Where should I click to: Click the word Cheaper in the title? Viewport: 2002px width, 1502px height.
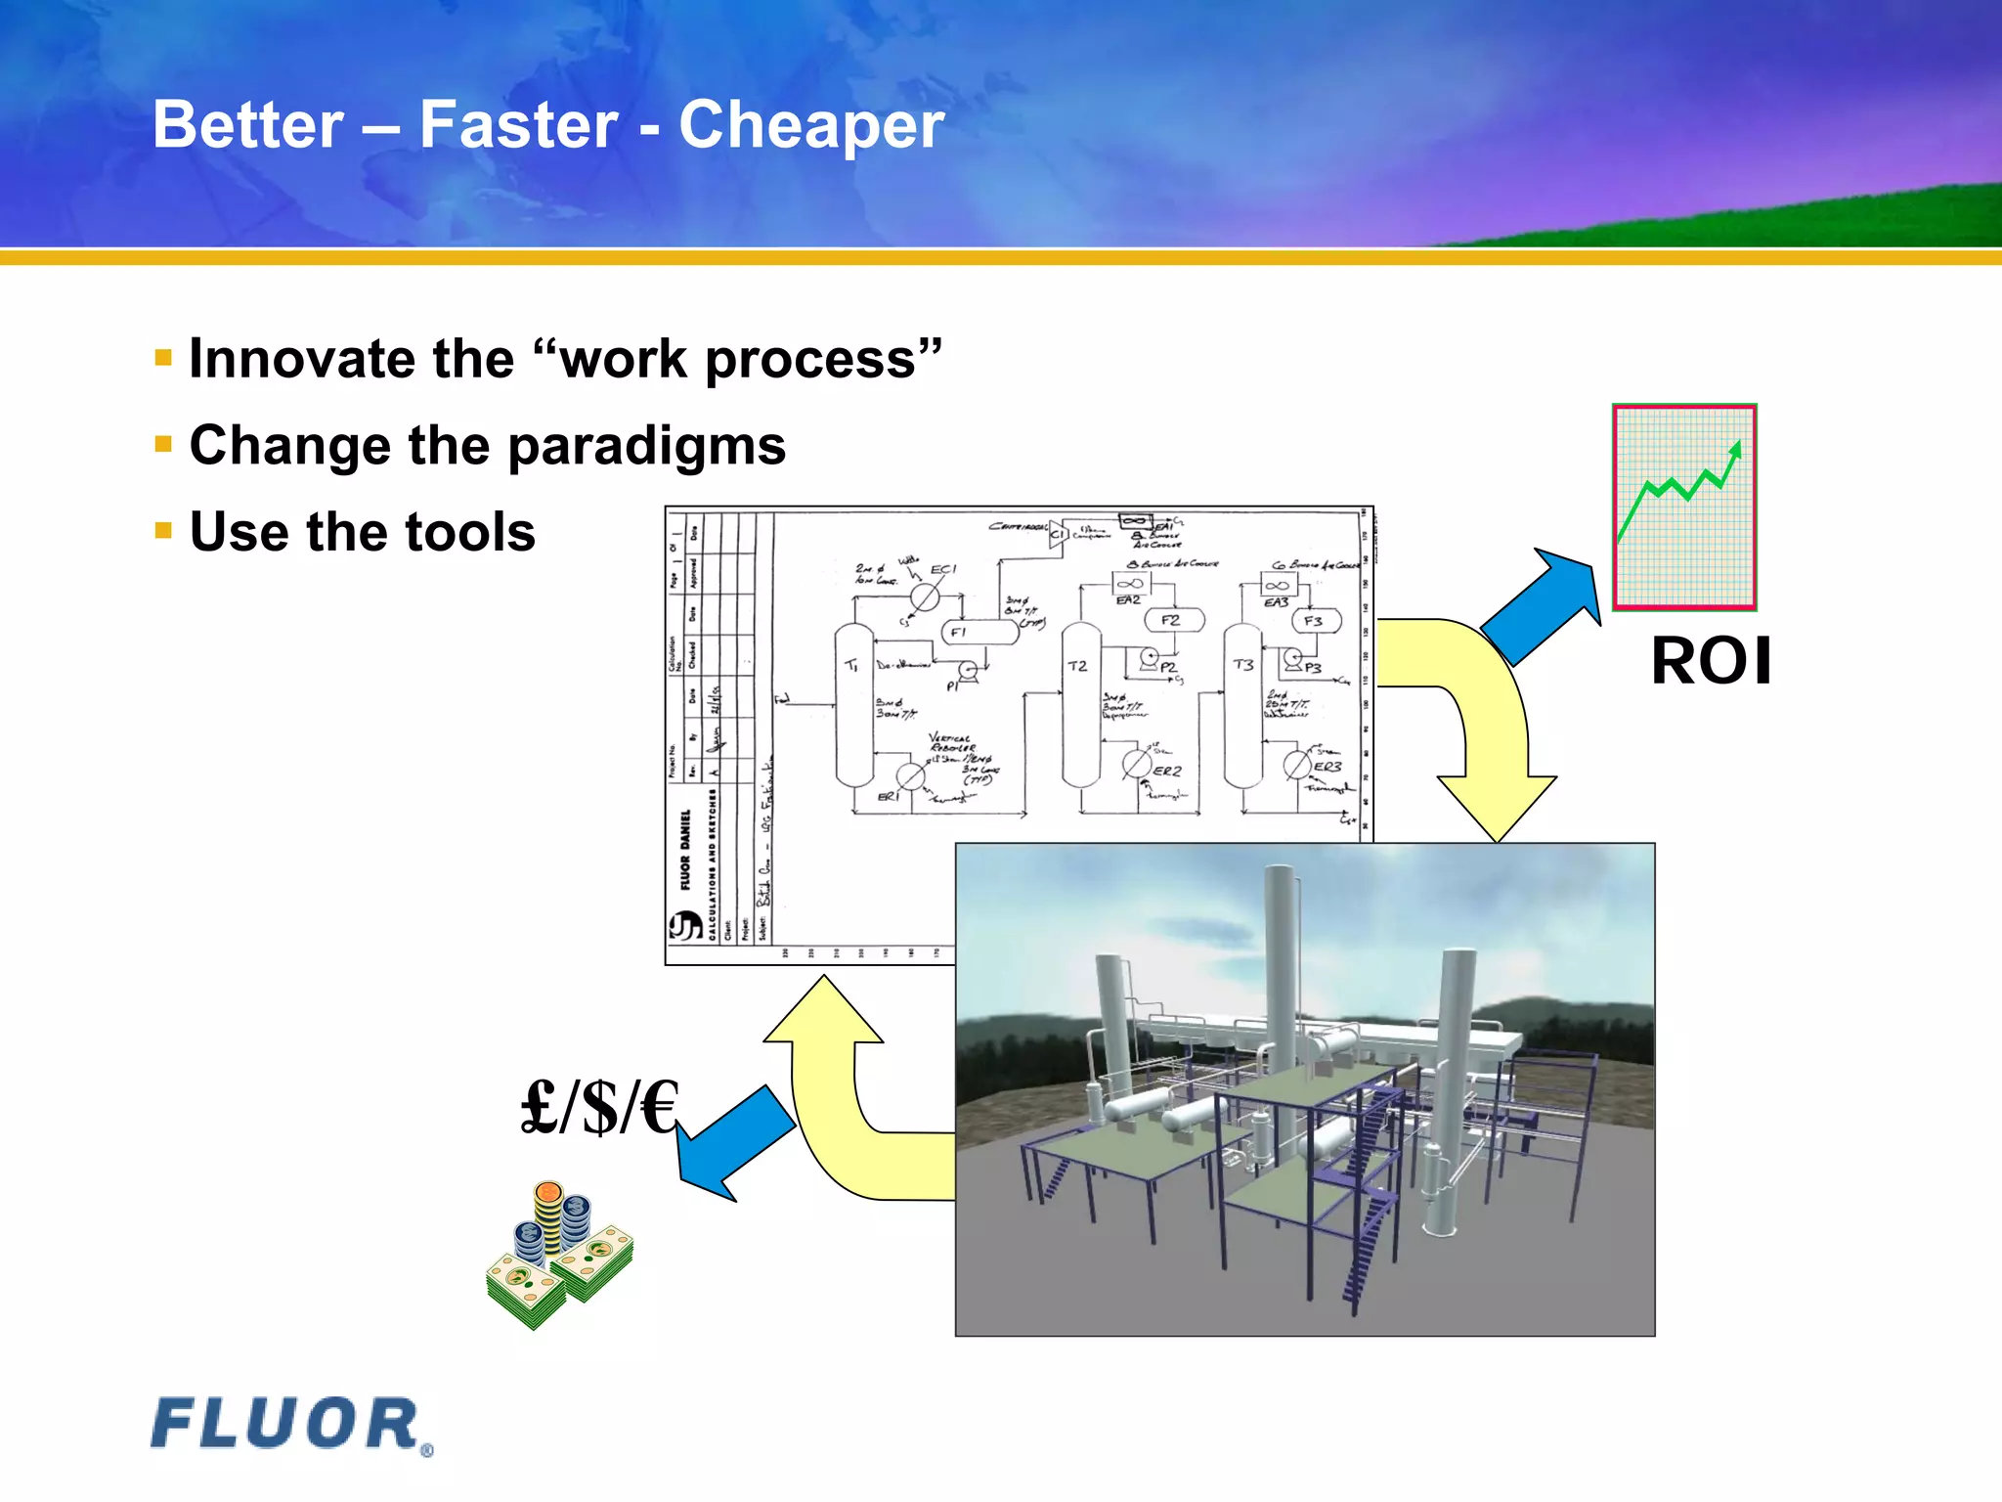pyautogui.click(x=811, y=125)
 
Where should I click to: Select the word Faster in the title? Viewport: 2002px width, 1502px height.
pyautogui.click(x=518, y=125)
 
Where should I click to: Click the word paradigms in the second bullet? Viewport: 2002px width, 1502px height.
pyautogui.click(x=646, y=447)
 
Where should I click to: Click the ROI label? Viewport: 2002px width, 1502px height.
pyautogui.click(x=1711, y=662)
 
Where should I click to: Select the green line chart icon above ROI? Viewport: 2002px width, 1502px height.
pyautogui.click(x=1684, y=507)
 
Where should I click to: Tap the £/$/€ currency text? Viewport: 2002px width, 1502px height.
pyautogui.click(x=599, y=1108)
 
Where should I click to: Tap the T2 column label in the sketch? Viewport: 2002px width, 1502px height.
pyautogui.click(x=1077, y=666)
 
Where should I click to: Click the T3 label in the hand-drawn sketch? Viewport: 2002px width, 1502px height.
pyautogui.click(x=1242, y=665)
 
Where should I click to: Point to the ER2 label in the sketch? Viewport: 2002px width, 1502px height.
pyautogui.click(x=1167, y=771)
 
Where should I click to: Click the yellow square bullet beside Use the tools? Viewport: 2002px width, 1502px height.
pyautogui.click(x=163, y=531)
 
